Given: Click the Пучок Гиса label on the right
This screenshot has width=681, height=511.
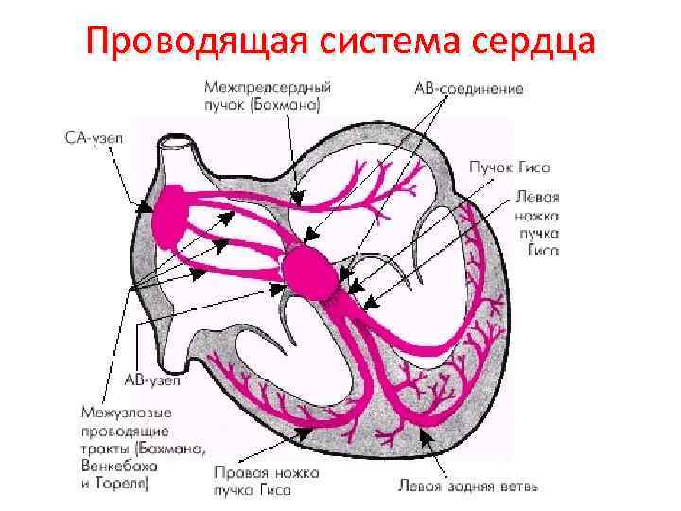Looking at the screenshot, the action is coord(508,167).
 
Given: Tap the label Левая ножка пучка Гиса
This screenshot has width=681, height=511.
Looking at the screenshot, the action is coord(537,222).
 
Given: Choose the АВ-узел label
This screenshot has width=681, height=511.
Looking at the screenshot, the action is coord(148,379).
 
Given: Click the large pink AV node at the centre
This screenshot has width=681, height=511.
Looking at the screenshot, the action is coord(308,271).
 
